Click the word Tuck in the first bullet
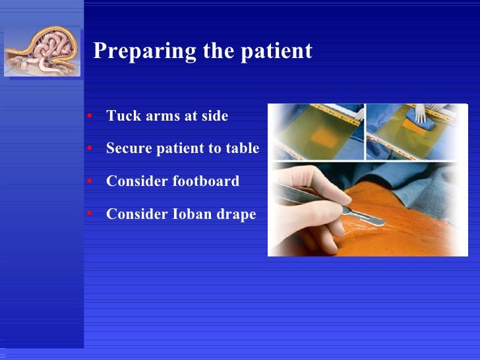pyautogui.click(x=121, y=116)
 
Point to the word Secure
pyautogui.click(x=129, y=148)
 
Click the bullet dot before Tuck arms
pyautogui.click(x=89, y=117)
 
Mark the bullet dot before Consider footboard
pyautogui.click(x=89, y=181)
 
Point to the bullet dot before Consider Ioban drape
pyautogui.click(x=89, y=214)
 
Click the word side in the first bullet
pyautogui.click(x=214, y=116)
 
